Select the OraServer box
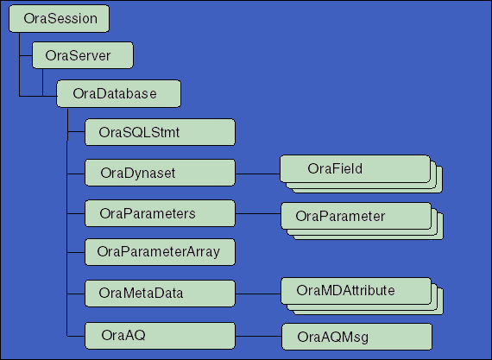tap(83, 56)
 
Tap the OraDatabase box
tap(106, 93)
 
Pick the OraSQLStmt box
tap(161, 133)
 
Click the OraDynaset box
tap(161, 172)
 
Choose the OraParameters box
tap(161, 212)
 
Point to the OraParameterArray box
tap(161, 252)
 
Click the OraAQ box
tap(161, 332)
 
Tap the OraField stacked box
tap(355, 168)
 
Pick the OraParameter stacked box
tap(355, 215)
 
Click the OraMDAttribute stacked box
tap(355, 291)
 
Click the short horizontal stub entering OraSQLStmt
tap(76, 133)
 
